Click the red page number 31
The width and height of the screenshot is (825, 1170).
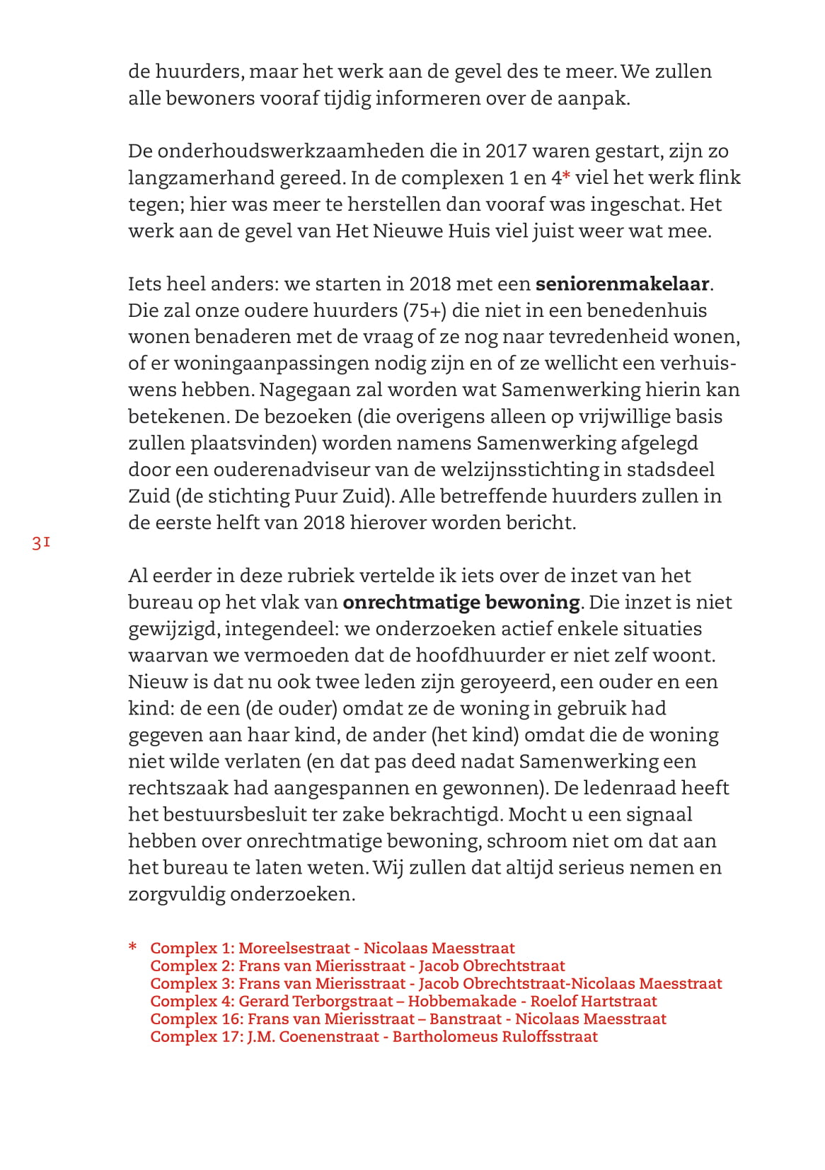tap(41, 543)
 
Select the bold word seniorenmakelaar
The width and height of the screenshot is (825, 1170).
tap(622, 284)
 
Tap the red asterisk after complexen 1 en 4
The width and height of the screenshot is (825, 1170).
tap(566, 177)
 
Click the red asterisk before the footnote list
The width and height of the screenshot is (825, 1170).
tap(132, 947)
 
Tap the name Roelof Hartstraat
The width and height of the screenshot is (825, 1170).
tap(593, 1001)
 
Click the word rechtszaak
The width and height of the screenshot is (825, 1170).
tap(178, 788)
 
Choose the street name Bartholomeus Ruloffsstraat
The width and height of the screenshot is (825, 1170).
tap(495, 1036)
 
